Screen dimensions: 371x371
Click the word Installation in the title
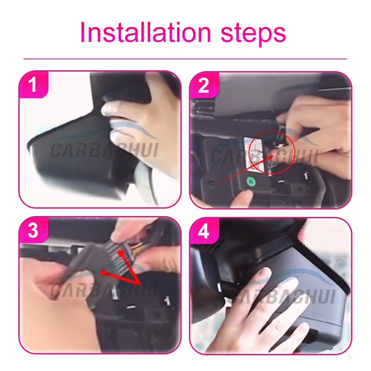145,32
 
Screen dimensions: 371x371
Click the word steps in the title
253,34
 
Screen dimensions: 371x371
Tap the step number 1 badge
33,85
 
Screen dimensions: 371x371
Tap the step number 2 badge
204,86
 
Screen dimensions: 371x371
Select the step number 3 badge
33,230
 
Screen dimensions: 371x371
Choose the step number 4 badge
204,231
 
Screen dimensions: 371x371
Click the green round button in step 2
251,182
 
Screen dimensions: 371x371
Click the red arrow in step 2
244,170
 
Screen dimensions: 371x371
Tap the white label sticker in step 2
253,154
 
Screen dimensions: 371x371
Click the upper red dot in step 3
121,253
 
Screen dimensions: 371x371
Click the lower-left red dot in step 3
103,272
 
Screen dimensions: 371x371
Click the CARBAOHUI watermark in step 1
104,150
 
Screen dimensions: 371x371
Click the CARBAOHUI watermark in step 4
282,296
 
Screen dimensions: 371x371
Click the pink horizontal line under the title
185,58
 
